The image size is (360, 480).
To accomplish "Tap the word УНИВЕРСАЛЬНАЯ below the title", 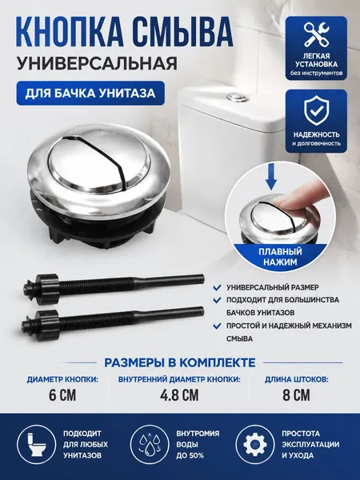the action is (97, 63).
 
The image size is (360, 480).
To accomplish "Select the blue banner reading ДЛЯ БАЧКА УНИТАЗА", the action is (90, 93).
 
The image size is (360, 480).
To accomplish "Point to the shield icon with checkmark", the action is (316, 111).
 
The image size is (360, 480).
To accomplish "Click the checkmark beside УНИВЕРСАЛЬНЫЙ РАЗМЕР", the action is (217, 287).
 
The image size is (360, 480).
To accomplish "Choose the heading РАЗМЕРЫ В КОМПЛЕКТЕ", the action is (180, 362).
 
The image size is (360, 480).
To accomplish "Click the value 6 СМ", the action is (62, 395).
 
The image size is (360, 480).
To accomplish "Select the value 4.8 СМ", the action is (179, 395).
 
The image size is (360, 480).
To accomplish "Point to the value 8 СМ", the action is (296, 395).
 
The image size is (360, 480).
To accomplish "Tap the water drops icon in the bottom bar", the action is (150, 445).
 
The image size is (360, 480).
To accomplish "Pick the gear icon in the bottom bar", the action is (257, 445).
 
